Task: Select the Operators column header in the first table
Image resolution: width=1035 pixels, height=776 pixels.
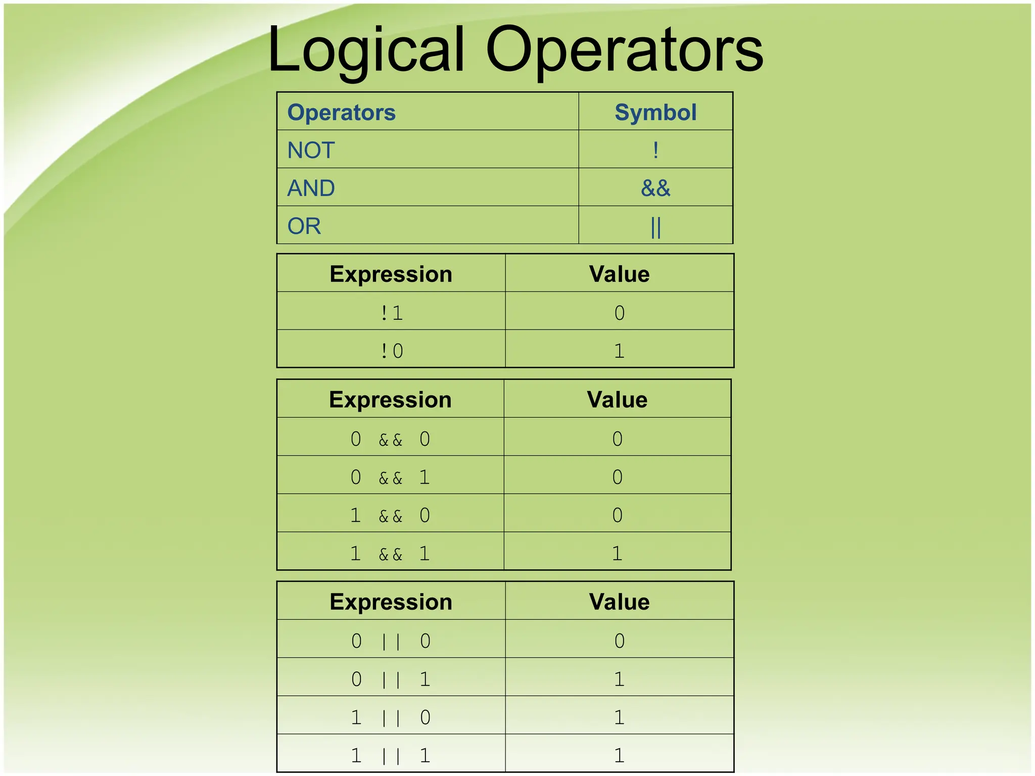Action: pyautogui.click(x=341, y=112)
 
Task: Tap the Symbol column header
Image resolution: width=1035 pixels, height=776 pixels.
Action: pyautogui.click(x=655, y=112)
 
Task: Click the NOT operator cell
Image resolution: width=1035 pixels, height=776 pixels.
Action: pyautogui.click(x=311, y=150)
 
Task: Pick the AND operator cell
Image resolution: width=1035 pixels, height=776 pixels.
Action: pyautogui.click(x=311, y=188)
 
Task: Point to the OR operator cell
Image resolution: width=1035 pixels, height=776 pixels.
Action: pyautogui.click(x=304, y=226)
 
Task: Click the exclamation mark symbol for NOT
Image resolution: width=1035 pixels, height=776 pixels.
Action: pyautogui.click(x=655, y=150)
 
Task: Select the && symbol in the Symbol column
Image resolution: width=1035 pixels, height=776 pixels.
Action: pyautogui.click(x=655, y=188)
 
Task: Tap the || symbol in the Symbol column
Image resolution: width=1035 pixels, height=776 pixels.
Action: pyautogui.click(x=655, y=227)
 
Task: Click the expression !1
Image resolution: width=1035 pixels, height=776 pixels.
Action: pyautogui.click(x=391, y=313)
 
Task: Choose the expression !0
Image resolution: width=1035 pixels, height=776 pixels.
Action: pyautogui.click(x=391, y=351)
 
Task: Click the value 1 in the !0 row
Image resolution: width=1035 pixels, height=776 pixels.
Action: pyautogui.click(x=619, y=351)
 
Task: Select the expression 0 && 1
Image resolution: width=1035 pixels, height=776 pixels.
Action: pyautogui.click(x=390, y=477)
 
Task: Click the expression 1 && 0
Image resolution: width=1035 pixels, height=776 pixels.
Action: pyautogui.click(x=390, y=515)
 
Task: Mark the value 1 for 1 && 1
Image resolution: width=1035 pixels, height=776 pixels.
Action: pyautogui.click(x=617, y=554)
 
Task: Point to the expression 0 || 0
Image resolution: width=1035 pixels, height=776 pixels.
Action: pyautogui.click(x=391, y=641)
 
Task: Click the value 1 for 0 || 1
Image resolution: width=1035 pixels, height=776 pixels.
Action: pyautogui.click(x=619, y=679)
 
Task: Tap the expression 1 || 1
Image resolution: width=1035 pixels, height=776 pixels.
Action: pyautogui.click(x=391, y=756)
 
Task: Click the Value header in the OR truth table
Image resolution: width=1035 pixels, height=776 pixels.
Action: pyautogui.click(x=619, y=602)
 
